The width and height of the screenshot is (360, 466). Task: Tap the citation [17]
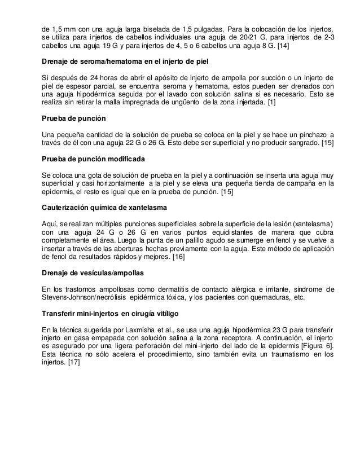coord(73,363)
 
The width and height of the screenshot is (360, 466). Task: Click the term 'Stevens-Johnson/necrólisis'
coord(86,298)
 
